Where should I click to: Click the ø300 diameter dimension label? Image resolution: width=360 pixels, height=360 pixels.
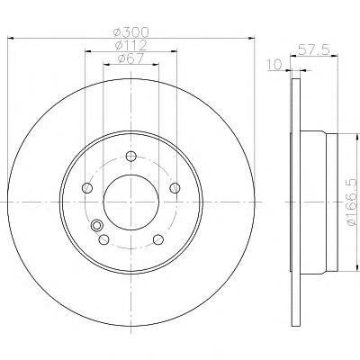131,31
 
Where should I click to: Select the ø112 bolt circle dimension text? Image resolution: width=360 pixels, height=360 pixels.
130,45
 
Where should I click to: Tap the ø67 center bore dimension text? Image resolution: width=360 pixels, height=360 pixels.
131,58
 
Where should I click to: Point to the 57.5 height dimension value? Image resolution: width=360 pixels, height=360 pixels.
313,49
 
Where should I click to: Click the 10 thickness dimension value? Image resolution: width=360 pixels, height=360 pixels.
274,65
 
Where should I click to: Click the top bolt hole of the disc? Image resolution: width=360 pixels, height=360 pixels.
131,156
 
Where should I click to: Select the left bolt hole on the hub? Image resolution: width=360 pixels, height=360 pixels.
87,188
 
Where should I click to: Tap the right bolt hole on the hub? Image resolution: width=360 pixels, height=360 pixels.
175,188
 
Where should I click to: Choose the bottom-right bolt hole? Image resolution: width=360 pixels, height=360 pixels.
158,239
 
